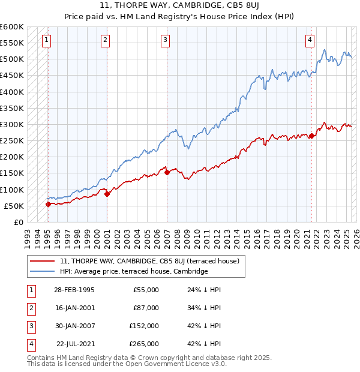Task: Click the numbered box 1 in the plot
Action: click(46, 40)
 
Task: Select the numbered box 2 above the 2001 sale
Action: click(105, 40)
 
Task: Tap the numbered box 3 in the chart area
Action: click(165, 40)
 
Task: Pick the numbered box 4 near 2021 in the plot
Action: click(310, 40)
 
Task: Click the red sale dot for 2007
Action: click(166, 173)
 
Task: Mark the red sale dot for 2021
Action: click(311, 136)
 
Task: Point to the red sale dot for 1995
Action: click(48, 204)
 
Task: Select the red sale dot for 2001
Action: click(107, 194)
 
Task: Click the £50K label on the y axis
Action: click(13, 206)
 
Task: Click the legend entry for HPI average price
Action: click(133, 271)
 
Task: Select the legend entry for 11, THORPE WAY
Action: click(149, 261)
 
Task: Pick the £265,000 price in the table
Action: click(144, 344)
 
